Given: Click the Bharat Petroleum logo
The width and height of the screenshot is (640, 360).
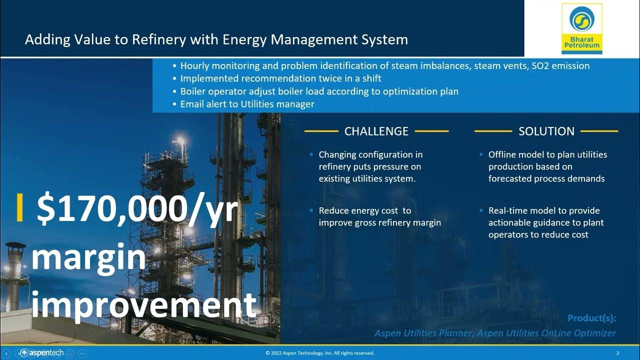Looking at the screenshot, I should [581, 28].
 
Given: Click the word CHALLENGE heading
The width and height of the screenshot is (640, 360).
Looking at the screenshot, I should [376, 131].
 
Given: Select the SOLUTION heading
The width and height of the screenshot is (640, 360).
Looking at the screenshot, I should [546, 131].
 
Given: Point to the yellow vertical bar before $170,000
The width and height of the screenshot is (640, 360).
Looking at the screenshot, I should [20, 207].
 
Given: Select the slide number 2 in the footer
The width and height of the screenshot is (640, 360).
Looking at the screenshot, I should [617, 353].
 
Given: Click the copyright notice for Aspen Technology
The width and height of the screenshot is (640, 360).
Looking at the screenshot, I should [319, 353].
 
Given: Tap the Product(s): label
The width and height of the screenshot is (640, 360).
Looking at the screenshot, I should [591, 318].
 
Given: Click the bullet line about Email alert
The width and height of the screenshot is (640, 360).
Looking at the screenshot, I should [247, 104].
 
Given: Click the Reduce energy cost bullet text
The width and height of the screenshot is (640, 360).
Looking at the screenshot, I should [379, 216].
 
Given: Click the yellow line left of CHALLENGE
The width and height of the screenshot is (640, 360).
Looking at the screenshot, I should [321, 131].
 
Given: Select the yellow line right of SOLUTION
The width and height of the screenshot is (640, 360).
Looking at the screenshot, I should [599, 131].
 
